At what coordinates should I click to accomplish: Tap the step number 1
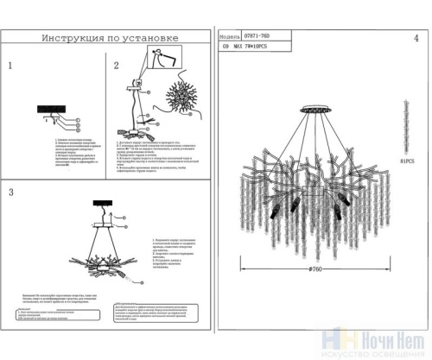click(10, 66)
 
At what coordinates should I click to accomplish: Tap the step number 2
click(117, 66)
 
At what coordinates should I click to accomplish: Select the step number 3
click(10, 191)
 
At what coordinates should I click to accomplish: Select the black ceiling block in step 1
click(51, 108)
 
